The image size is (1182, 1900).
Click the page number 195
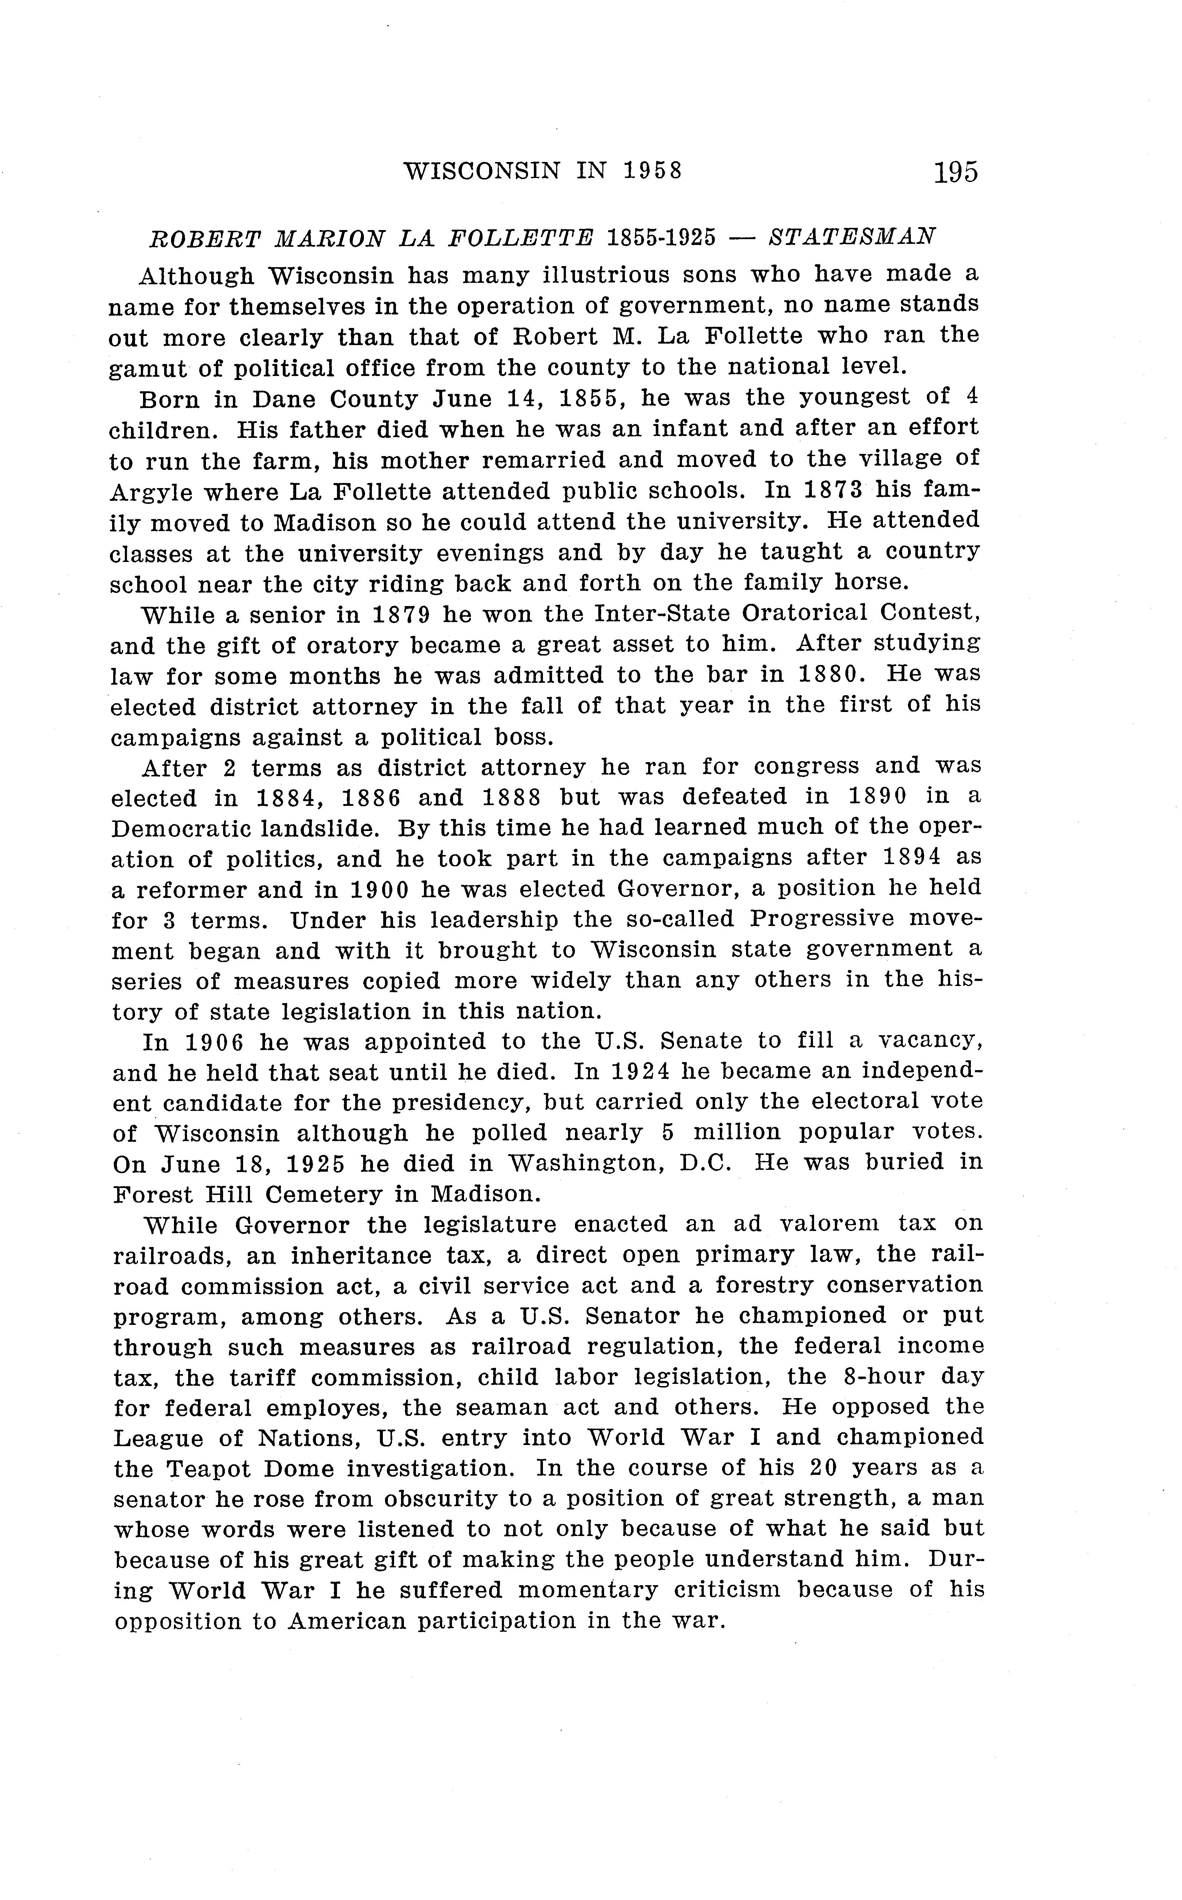955,171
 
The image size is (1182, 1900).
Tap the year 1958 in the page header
654,171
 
